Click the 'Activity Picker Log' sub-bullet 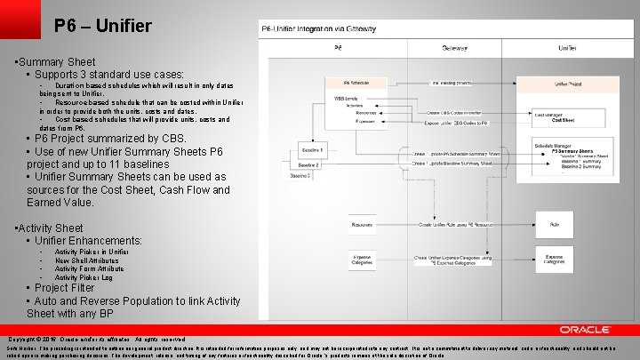(x=84, y=278)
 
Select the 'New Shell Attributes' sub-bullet (x=85, y=260)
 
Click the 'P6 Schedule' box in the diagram (x=356, y=83)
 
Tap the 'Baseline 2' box (x=308, y=165)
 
